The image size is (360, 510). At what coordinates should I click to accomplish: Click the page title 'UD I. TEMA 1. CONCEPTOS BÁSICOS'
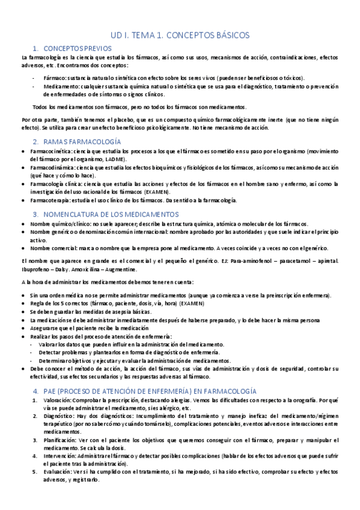(x=180, y=35)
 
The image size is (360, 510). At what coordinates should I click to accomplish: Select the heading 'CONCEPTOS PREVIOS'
(x=78, y=48)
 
